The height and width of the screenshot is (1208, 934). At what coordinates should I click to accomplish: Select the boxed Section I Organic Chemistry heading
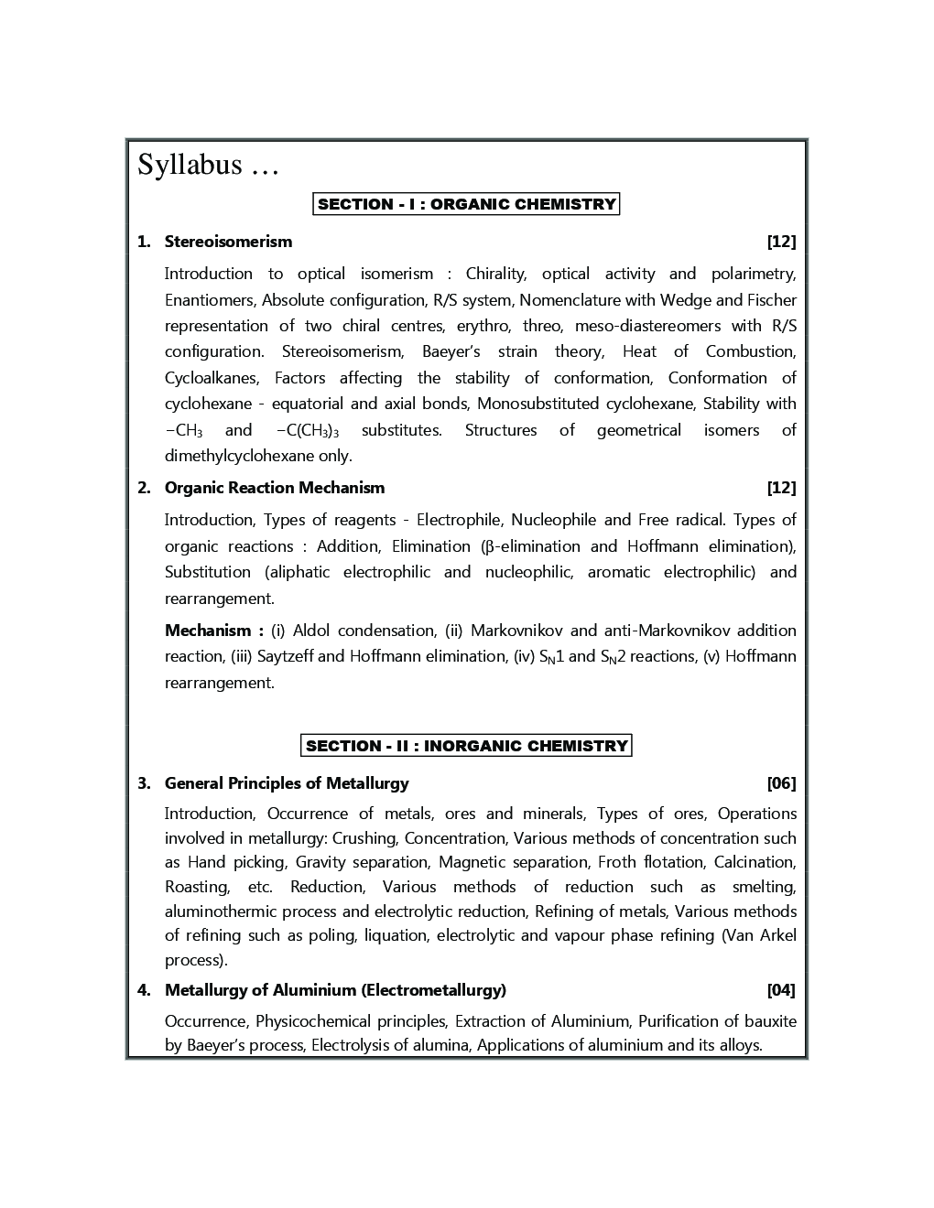tap(466, 204)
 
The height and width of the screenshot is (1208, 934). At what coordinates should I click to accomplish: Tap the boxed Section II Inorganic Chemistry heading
tap(466, 746)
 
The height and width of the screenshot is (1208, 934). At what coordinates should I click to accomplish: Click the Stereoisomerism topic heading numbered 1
tap(228, 242)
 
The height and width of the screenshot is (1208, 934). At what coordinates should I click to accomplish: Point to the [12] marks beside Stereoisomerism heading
tap(781, 242)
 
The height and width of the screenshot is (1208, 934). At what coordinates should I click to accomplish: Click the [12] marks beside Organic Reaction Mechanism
tap(781, 488)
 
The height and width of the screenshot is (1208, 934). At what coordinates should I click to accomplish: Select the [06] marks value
tap(781, 783)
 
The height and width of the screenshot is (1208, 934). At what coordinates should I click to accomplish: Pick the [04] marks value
tap(781, 990)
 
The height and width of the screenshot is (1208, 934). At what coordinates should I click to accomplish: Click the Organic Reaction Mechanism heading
tap(275, 488)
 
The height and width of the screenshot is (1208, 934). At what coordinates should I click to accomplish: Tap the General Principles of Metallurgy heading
tap(287, 783)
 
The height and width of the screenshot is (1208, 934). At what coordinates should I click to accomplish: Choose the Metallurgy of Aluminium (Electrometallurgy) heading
tap(335, 990)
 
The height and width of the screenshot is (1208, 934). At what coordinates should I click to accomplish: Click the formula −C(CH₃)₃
tap(307, 431)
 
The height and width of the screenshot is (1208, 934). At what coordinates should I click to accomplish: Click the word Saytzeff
tap(285, 656)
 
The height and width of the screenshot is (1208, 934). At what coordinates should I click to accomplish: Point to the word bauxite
tap(771, 1021)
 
